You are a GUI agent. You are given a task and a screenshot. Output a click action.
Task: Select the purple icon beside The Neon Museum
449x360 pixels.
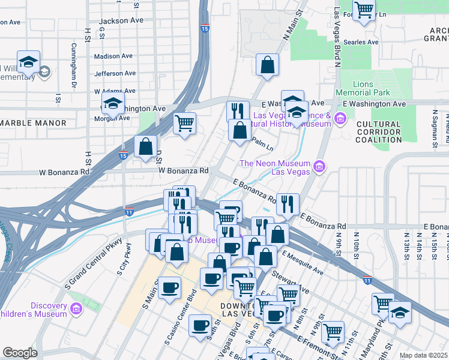[x=319, y=166]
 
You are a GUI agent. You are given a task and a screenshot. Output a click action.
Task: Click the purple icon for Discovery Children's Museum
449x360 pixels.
[x=76, y=309]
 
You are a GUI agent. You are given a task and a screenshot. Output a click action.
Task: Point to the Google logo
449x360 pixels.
[x=20, y=353]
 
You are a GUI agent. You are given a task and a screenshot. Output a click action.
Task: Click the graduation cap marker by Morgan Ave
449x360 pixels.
[x=113, y=103]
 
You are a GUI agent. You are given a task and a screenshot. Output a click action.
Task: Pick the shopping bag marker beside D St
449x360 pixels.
[x=146, y=146]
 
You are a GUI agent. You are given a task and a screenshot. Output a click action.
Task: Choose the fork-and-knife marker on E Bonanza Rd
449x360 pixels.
[x=288, y=203]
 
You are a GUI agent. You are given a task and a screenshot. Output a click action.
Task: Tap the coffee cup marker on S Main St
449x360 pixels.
[x=170, y=286]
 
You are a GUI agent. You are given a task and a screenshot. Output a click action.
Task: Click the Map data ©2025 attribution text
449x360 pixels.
[x=423, y=355]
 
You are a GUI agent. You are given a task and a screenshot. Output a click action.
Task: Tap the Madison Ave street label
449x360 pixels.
[x=113, y=56]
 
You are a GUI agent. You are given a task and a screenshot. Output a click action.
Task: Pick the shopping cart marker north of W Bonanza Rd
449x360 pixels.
[x=184, y=123]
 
